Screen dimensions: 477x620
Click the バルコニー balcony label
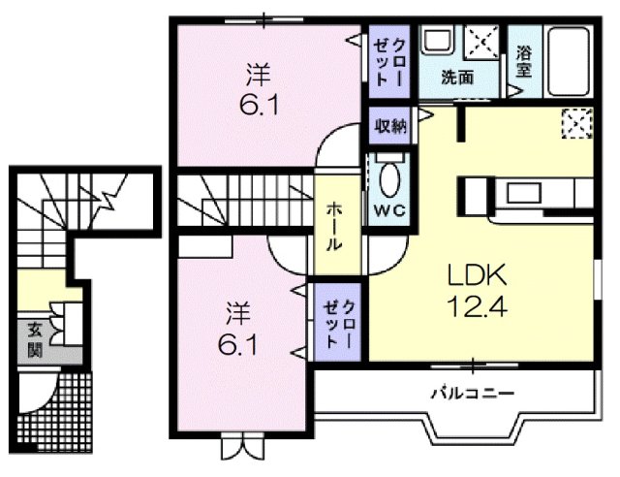473,394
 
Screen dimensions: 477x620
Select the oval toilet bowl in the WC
389,181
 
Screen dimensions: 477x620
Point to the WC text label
387,213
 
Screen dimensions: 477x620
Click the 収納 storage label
390,124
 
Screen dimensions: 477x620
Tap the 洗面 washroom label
457,78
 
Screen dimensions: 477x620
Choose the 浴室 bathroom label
524,61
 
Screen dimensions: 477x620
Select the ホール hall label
333,227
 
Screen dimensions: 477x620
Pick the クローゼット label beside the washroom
393,59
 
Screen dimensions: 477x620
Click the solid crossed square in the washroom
481,44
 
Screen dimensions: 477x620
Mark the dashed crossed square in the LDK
575,124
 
